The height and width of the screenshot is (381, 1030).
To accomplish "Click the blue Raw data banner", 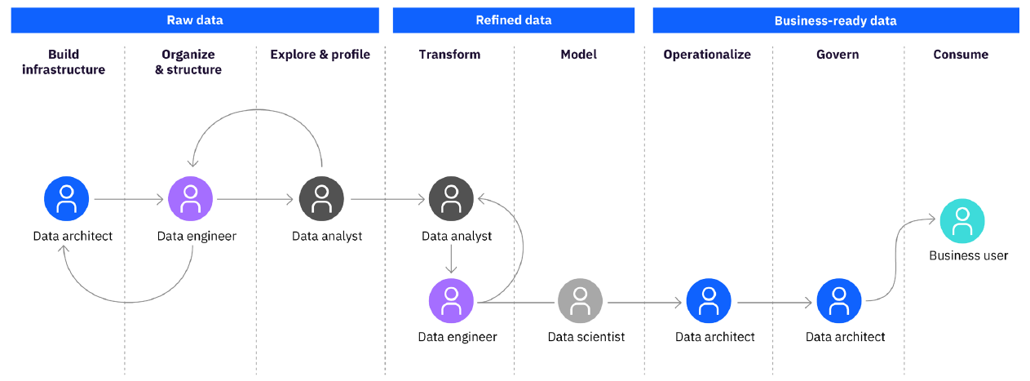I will click(x=195, y=20).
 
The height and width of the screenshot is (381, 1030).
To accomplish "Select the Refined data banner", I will click(x=513, y=20).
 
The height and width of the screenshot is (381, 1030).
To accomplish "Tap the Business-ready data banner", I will click(x=835, y=20).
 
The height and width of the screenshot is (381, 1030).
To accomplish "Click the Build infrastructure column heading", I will click(x=64, y=62).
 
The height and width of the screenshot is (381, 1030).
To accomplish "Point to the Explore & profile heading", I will click(x=320, y=55).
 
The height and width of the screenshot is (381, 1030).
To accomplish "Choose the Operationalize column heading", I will click(x=706, y=55).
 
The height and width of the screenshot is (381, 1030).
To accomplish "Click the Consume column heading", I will click(x=961, y=55).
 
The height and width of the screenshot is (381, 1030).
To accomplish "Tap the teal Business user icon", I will click(x=962, y=220).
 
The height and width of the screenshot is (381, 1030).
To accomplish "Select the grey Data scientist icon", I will click(x=580, y=301).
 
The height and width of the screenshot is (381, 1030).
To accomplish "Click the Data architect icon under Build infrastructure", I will click(x=66, y=199).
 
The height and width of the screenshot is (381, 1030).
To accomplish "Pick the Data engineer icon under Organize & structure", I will click(x=190, y=199).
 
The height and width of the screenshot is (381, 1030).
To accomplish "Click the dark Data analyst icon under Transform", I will click(x=451, y=199).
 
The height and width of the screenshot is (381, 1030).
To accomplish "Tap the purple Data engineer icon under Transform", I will click(x=451, y=301).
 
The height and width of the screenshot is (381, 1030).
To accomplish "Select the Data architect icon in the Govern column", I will click(x=839, y=301).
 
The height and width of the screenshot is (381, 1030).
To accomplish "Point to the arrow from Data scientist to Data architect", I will click(x=644, y=303).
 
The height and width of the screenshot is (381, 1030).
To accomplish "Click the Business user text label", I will click(x=968, y=255).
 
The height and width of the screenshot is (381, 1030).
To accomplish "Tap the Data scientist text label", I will click(x=586, y=336).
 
